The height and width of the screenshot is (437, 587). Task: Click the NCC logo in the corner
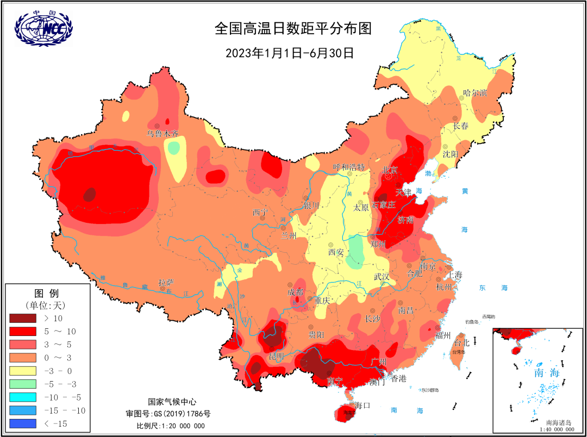coord(43,27)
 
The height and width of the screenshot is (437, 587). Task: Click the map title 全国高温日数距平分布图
coord(293,28)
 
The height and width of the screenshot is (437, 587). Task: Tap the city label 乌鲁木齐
coord(163,133)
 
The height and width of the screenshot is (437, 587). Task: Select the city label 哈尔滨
coord(474,93)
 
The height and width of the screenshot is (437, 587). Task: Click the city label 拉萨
coord(166,283)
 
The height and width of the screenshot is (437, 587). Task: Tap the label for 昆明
coord(276,356)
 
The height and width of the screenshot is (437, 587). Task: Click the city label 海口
coord(362,405)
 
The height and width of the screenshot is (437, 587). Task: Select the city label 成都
coord(296,292)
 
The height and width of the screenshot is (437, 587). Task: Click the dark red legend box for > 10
coord(22,317)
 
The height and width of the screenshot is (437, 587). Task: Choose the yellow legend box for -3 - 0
coord(22,371)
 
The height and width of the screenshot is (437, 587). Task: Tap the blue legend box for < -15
coord(22,423)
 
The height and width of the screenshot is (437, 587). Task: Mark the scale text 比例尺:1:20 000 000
coord(171,426)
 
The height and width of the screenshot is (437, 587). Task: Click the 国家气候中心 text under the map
coord(170,402)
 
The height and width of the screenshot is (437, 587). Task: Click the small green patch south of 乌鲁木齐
coord(173,147)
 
